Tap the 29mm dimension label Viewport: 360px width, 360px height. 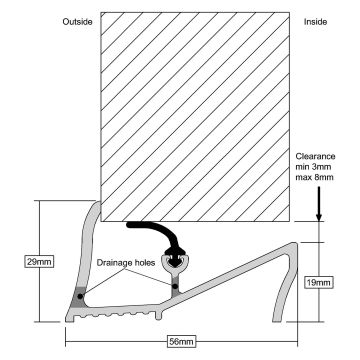click(38, 262)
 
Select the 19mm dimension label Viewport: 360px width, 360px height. click(319, 284)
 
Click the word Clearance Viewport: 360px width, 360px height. click(318, 156)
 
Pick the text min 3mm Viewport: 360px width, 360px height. click(318, 169)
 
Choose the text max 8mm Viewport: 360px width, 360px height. click(318, 182)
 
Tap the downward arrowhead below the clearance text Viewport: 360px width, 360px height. click(317, 213)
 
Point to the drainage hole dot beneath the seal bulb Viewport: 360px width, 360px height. click(175, 288)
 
